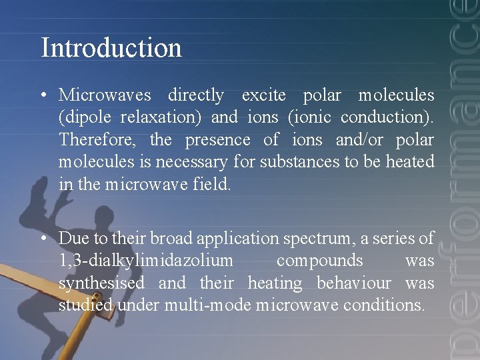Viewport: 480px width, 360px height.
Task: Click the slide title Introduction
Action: click(111, 48)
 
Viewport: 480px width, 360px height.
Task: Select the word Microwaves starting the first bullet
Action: click(105, 95)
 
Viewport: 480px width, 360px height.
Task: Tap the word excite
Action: click(263, 95)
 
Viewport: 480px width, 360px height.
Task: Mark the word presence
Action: click(217, 140)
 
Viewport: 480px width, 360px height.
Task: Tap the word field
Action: click(215, 185)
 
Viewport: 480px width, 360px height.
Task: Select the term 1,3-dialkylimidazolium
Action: click(146, 261)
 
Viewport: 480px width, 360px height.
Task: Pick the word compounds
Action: click(319, 261)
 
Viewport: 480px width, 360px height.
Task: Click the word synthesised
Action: click(101, 283)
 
